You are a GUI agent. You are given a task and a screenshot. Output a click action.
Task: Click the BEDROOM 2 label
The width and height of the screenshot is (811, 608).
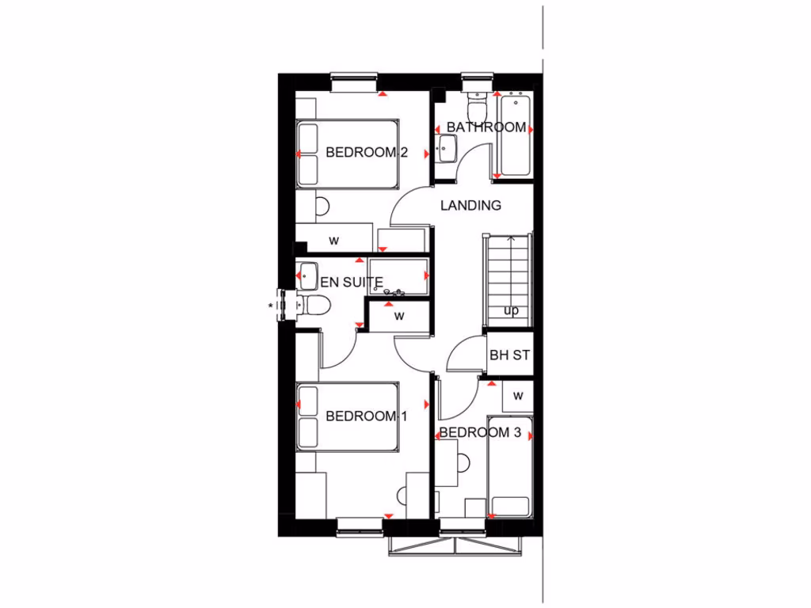(x=366, y=152)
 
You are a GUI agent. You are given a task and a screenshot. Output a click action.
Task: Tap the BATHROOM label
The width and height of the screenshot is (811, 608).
(x=485, y=127)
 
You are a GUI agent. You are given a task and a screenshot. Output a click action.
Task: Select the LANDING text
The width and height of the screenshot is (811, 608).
(x=470, y=205)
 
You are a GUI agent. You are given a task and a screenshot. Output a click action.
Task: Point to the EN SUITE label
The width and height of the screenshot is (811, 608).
(x=351, y=281)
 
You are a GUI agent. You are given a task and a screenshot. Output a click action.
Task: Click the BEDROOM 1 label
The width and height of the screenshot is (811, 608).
(x=366, y=416)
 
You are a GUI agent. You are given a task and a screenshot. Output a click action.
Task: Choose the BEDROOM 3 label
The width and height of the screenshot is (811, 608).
(x=480, y=432)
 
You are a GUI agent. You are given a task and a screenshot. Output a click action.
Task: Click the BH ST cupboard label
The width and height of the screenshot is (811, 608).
(x=509, y=355)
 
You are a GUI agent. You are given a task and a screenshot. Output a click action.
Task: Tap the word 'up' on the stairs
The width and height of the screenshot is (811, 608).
(x=511, y=310)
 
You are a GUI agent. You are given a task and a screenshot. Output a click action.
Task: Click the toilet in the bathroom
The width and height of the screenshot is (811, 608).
(x=477, y=106)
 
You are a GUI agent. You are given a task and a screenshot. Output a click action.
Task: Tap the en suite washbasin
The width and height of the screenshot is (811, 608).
(x=307, y=275)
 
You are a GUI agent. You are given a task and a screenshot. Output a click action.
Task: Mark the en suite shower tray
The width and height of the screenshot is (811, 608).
(x=398, y=276)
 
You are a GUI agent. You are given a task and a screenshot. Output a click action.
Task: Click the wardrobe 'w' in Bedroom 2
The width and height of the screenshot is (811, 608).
(x=334, y=240)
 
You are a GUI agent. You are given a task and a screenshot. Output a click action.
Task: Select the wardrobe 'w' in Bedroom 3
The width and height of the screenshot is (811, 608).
(x=518, y=395)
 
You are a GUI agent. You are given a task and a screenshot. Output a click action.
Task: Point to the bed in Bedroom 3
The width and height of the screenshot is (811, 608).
(x=510, y=467)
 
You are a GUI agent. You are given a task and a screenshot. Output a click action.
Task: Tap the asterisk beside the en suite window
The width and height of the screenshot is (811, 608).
(x=272, y=304)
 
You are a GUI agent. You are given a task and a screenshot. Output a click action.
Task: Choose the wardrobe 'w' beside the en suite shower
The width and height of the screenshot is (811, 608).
(x=400, y=316)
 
